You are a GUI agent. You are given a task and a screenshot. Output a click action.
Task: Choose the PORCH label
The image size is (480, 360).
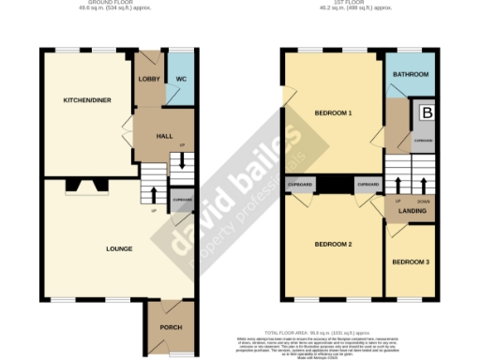171,327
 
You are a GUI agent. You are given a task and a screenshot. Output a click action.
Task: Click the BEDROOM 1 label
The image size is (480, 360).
333,112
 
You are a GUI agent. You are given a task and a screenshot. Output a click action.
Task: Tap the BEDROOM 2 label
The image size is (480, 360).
333,244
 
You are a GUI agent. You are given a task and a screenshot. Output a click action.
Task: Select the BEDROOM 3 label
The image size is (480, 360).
411,262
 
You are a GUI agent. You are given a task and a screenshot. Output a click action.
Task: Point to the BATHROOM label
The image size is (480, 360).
411,74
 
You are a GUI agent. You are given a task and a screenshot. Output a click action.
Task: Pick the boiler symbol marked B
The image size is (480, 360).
427,113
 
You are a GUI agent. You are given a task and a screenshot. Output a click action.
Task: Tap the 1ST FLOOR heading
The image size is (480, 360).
358,3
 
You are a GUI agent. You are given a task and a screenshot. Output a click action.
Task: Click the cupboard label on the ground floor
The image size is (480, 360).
181,200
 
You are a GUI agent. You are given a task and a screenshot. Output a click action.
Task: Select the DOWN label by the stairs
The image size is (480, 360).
423,201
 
